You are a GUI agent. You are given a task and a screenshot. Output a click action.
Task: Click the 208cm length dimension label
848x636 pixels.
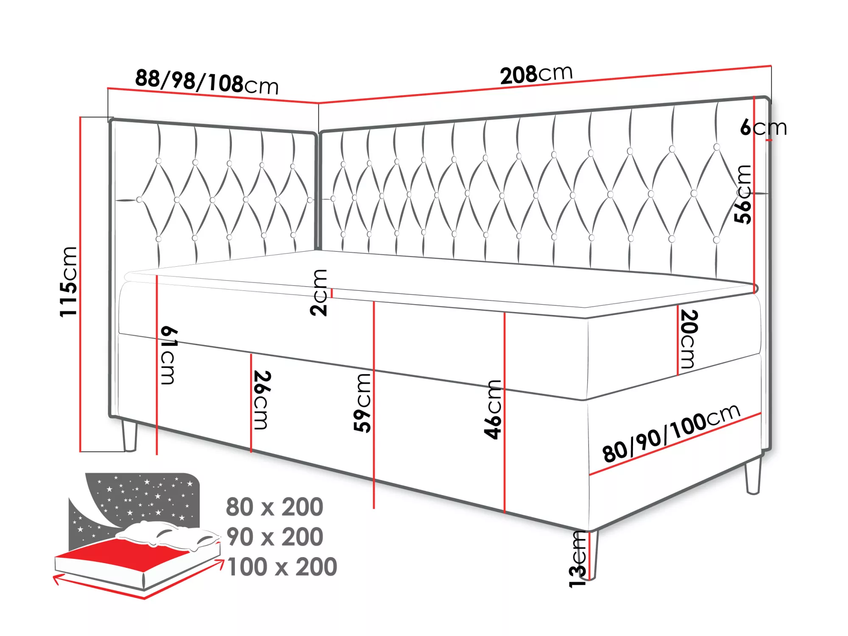pyautogui.click(x=536, y=75)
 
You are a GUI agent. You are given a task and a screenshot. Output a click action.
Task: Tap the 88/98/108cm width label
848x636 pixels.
pyautogui.click(x=207, y=82)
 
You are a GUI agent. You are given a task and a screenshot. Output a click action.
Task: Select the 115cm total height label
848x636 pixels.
pyautogui.click(x=68, y=282)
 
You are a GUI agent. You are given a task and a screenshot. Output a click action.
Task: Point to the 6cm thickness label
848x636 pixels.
pyautogui.click(x=763, y=127)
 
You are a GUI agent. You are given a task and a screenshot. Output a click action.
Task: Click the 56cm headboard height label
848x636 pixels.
pyautogui.click(x=743, y=194)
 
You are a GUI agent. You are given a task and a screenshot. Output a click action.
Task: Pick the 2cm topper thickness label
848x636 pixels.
pyautogui.click(x=319, y=293)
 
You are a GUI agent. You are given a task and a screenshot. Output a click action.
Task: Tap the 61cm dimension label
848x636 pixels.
pyautogui.click(x=169, y=355)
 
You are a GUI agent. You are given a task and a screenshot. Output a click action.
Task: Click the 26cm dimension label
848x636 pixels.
pyautogui.click(x=262, y=400)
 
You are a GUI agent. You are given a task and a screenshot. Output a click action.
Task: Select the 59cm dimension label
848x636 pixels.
pyautogui.click(x=363, y=403)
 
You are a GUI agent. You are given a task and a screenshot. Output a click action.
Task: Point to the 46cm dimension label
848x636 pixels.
pyautogui.click(x=493, y=409)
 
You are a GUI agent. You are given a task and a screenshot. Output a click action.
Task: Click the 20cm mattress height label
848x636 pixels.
pyautogui.click(x=689, y=339)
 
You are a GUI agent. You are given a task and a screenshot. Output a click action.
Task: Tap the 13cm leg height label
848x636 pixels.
pyautogui.click(x=577, y=559)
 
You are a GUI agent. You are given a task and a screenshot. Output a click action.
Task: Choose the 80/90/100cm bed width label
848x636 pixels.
pyautogui.click(x=671, y=433)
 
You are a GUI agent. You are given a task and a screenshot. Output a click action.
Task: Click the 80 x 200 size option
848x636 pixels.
pyautogui.click(x=274, y=507)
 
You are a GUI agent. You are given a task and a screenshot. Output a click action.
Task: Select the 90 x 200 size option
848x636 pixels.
pyautogui.click(x=274, y=537)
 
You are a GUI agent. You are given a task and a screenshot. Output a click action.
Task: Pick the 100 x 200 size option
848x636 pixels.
pyautogui.click(x=282, y=567)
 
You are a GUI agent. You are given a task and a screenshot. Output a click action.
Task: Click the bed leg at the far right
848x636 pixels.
pyautogui.click(x=753, y=476)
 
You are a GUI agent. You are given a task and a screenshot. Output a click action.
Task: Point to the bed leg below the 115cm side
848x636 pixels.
pyautogui.click(x=129, y=435)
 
